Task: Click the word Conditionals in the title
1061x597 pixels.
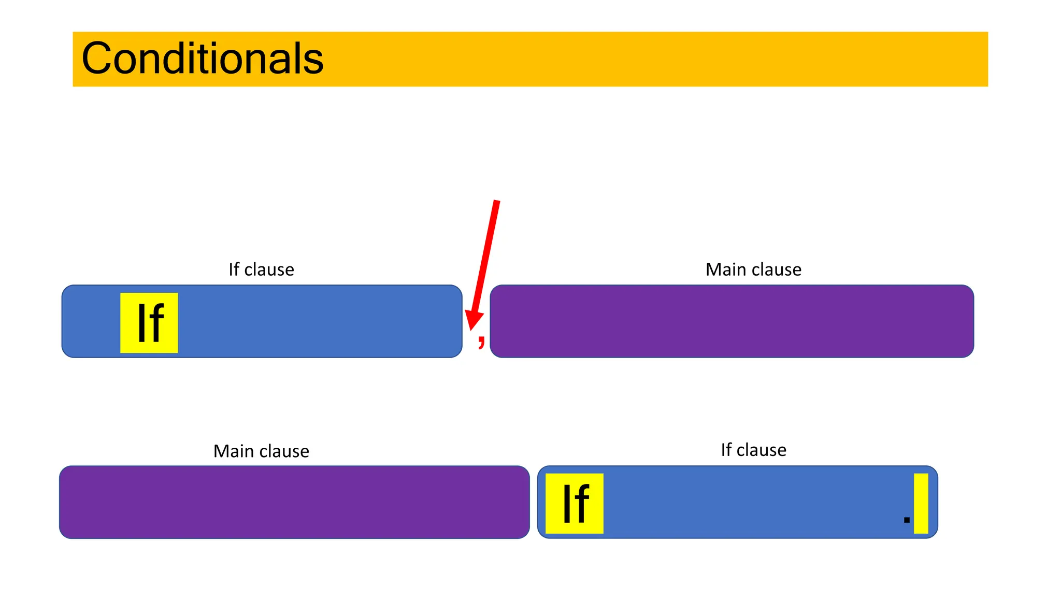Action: point(203,59)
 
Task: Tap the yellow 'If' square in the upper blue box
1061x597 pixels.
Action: point(149,323)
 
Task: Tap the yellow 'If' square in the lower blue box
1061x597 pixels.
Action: point(575,503)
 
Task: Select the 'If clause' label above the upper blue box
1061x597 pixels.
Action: point(261,269)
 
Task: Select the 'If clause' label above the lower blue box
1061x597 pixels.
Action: point(753,450)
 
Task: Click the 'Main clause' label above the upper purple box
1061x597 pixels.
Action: point(753,269)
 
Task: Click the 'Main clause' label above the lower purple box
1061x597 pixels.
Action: point(261,451)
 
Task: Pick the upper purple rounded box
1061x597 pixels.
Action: point(732,321)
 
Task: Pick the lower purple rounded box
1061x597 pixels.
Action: point(294,502)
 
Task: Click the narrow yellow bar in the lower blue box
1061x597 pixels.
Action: point(921,503)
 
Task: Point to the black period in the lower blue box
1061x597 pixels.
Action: point(907,520)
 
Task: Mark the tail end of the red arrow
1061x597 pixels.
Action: point(496,202)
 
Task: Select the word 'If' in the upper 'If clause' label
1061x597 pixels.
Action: point(234,269)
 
